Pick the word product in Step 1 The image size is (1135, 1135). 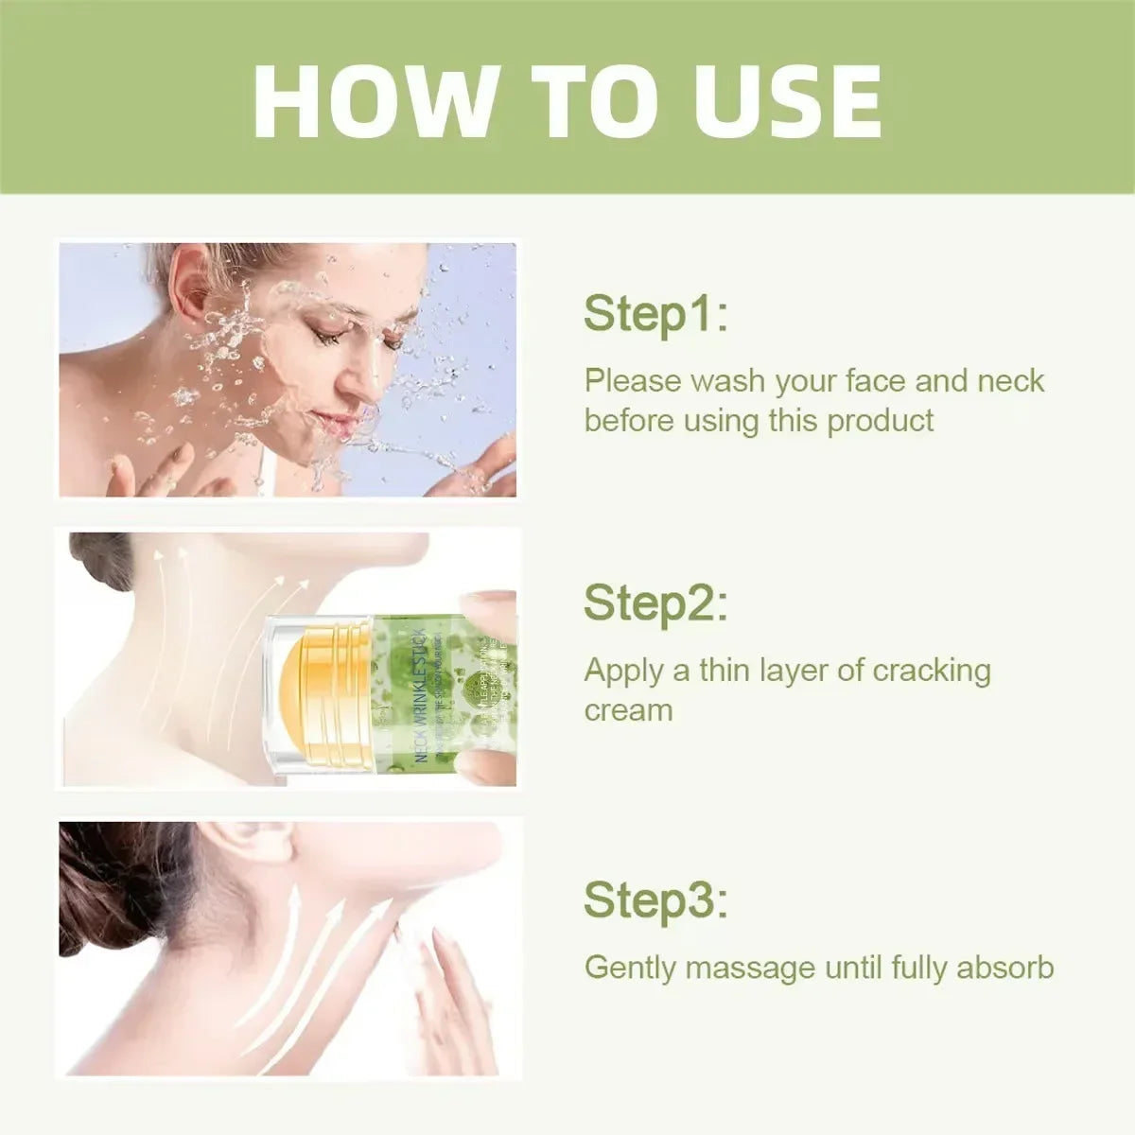(x=880, y=420)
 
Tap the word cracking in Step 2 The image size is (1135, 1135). (x=931, y=670)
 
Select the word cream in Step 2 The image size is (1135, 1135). (x=628, y=710)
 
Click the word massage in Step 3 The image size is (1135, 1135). (x=749, y=968)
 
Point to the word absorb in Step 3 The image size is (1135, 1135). (x=1004, y=968)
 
